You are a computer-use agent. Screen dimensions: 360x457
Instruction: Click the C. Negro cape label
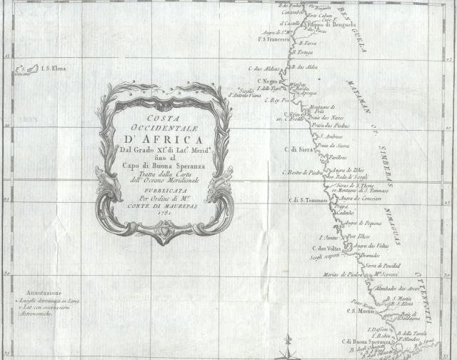264,82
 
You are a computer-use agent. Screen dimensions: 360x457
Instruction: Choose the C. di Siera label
298,149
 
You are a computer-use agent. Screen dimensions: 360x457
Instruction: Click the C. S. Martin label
361,311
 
